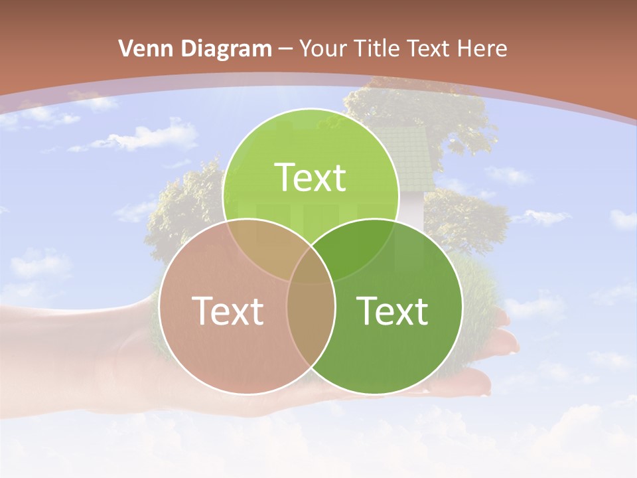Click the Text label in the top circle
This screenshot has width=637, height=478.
pos(311,177)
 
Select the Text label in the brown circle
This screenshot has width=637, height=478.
pos(228,311)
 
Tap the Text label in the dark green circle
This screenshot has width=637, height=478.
pos(393,311)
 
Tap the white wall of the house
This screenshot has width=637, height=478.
pos(413,209)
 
